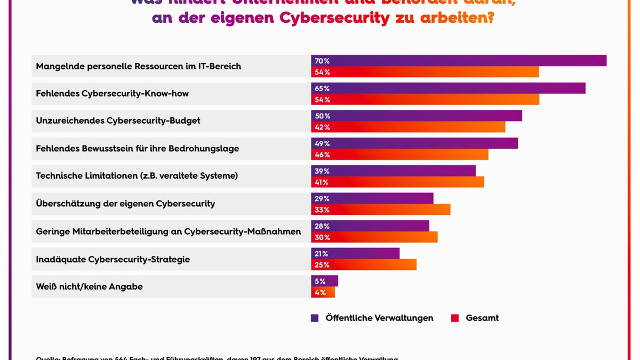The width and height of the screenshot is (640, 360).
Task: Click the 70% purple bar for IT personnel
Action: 459,61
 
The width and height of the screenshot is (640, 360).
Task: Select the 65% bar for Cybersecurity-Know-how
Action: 448,89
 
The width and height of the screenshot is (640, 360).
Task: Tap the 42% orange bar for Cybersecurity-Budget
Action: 408,127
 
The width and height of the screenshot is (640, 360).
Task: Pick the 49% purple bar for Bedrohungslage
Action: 414,143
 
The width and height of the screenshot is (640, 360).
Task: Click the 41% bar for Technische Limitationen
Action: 397,182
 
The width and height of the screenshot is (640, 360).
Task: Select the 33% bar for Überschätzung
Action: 381,210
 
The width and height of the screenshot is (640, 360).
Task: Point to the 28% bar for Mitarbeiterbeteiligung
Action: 370,226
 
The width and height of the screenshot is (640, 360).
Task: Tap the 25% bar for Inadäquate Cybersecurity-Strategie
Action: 364,265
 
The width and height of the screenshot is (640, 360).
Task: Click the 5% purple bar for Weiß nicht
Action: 325,281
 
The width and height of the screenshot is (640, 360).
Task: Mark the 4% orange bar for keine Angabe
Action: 323,292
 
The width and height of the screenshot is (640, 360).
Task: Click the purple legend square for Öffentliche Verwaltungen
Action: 315,318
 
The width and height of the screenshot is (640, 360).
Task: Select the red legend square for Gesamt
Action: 455,318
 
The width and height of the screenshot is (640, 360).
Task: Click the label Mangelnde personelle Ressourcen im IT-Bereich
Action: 138,66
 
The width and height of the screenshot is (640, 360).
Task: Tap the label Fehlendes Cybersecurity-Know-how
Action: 112,93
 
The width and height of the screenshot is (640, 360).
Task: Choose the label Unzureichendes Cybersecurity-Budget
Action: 118,121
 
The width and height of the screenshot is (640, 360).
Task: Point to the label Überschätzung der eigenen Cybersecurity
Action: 125,203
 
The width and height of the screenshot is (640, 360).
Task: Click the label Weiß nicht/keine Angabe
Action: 89,286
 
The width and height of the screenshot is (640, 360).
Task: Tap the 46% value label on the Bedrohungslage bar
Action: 322,155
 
